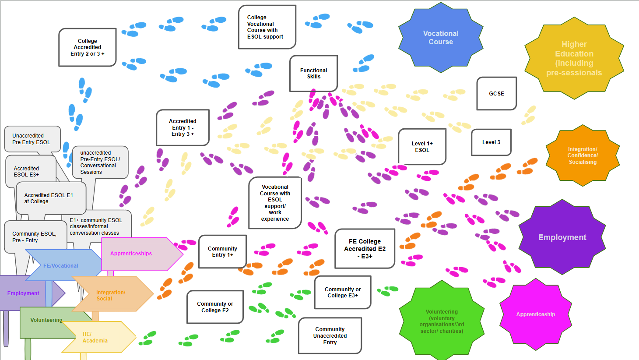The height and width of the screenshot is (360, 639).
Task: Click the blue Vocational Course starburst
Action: (441, 37)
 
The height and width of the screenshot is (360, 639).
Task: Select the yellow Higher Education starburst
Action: (574, 58)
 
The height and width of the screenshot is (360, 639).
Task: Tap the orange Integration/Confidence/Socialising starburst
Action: (583, 155)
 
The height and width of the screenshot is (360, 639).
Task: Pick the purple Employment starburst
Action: (562, 237)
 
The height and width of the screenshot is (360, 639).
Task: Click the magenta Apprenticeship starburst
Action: (535, 314)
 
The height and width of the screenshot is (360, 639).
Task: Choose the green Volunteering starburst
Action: (442, 321)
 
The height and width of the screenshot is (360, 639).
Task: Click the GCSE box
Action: (496, 93)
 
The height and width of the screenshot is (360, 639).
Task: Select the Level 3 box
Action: (491, 142)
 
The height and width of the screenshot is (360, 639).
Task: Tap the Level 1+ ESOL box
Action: (422, 147)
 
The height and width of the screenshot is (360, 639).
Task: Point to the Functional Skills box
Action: (313, 74)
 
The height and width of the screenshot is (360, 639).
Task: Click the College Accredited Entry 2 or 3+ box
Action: (87, 47)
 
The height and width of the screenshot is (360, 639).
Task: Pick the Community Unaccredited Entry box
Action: (330, 336)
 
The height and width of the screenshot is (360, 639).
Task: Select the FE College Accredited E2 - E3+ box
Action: (365, 249)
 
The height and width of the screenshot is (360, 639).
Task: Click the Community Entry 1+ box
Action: (222, 251)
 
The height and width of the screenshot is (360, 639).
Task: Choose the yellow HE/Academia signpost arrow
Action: (99, 337)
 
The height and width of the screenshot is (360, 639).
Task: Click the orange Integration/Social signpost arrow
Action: (112, 293)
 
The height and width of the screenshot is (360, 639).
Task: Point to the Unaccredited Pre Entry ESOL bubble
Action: (32, 139)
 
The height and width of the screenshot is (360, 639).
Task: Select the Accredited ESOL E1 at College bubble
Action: (51, 198)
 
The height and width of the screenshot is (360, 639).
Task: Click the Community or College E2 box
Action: (215, 307)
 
